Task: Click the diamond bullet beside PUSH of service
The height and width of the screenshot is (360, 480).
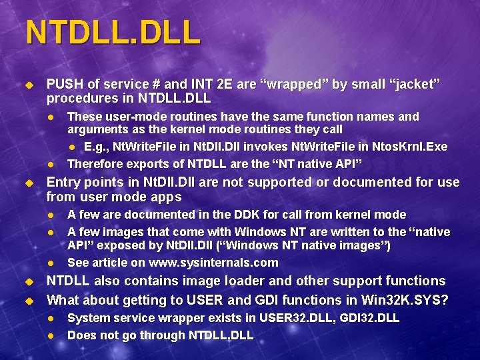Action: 29,85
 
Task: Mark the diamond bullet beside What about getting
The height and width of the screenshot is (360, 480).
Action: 29,301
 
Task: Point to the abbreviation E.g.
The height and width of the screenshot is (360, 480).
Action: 97,147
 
